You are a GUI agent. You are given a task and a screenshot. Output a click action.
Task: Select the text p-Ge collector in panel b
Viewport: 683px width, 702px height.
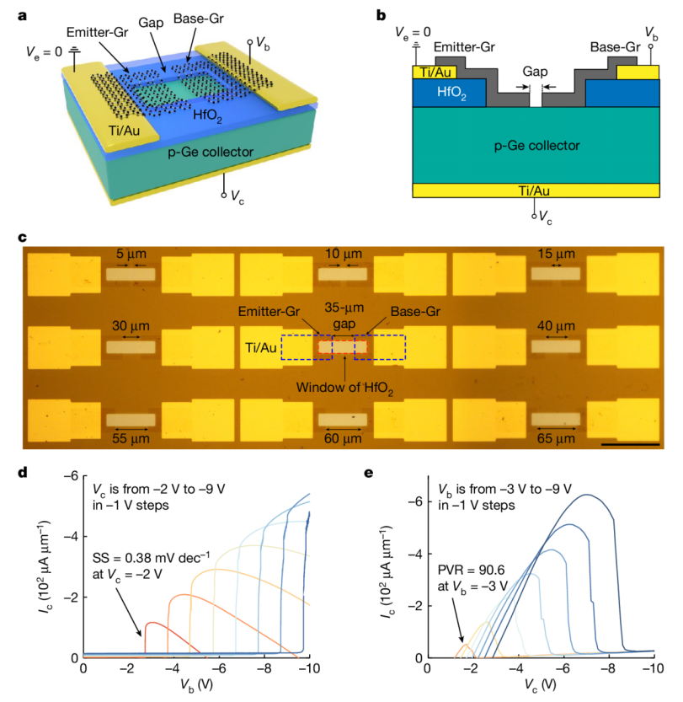tap(536, 146)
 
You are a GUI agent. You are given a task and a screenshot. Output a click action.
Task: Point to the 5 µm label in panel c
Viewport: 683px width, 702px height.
tap(131, 253)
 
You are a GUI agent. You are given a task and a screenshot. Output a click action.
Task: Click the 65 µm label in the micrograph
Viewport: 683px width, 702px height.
tap(555, 438)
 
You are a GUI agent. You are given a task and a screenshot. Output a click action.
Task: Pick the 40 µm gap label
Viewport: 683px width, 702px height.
tap(555, 325)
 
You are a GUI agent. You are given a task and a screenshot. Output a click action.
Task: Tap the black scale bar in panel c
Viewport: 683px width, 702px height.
tap(631, 442)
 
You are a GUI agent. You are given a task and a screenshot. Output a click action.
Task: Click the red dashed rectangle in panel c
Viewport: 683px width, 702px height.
tap(343, 346)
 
